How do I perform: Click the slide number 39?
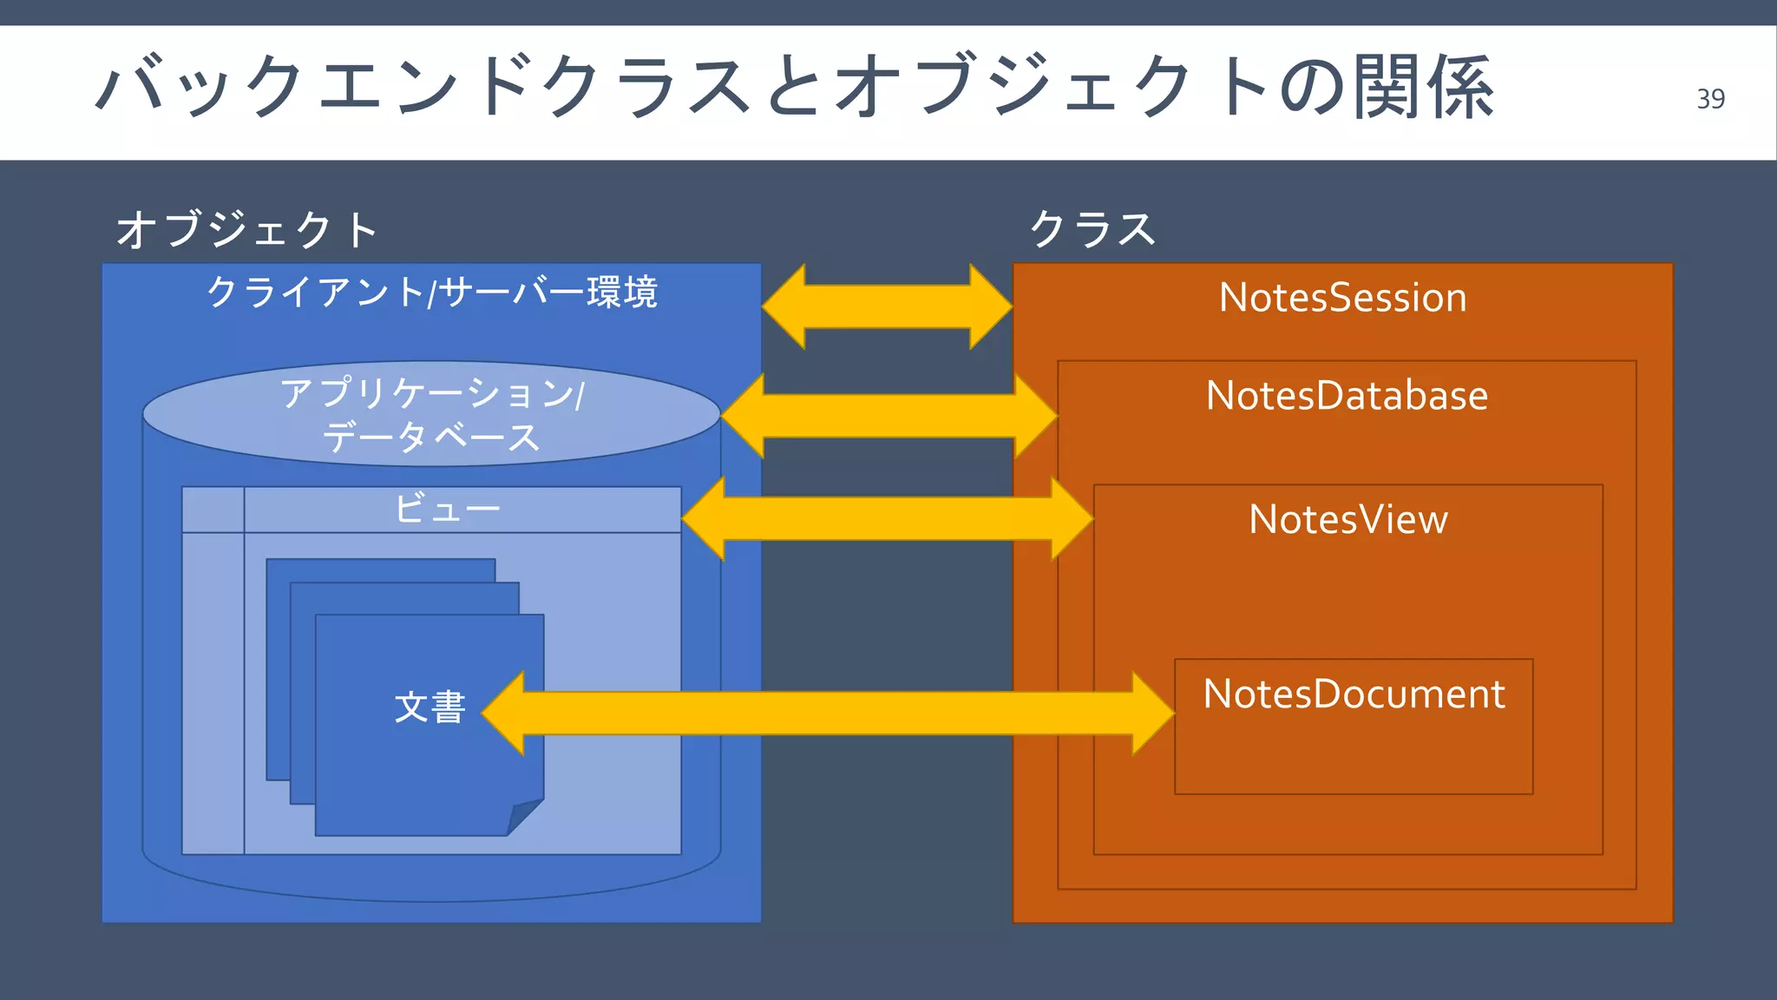[x=1710, y=99]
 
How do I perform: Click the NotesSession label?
[x=1342, y=298]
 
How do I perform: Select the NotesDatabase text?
[x=1347, y=396]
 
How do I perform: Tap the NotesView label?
[x=1348, y=519]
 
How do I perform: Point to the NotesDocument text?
[x=1354, y=694]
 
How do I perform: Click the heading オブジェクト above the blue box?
[x=247, y=230]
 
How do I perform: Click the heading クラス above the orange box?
[x=1092, y=230]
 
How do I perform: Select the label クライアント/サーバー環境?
[x=431, y=293]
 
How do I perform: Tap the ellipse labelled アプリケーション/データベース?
[x=431, y=414]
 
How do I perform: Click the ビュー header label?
[x=447, y=509]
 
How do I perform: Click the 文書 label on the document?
[x=430, y=707]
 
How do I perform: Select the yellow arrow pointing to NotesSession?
[x=887, y=306]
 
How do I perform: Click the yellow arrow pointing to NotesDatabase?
[x=888, y=417]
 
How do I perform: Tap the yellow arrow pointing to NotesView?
[x=887, y=518]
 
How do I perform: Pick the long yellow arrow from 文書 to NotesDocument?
[x=828, y=714]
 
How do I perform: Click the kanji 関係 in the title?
[x=1423, y=87]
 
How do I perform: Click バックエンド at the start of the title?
[x=278, y=87]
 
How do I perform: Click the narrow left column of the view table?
[x=213, y=694]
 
